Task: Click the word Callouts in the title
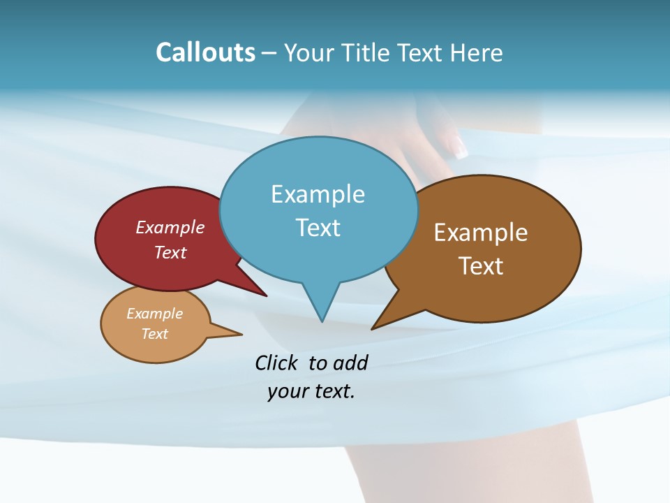click(205, 52)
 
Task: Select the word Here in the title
click(476, 52)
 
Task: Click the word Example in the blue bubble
click(318, 194)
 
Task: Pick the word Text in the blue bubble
click(318, 228)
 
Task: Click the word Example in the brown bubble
click(481, 233)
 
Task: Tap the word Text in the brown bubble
click(481, 266)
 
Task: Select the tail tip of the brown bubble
click(373, 328)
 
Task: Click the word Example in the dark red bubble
click(170, 228)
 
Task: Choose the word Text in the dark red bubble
click(170, 252)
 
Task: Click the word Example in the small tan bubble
click(155, 314)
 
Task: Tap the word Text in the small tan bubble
click(155, 334)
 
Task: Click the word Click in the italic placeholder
click(276, 363)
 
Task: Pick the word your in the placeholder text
click(286, 392)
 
